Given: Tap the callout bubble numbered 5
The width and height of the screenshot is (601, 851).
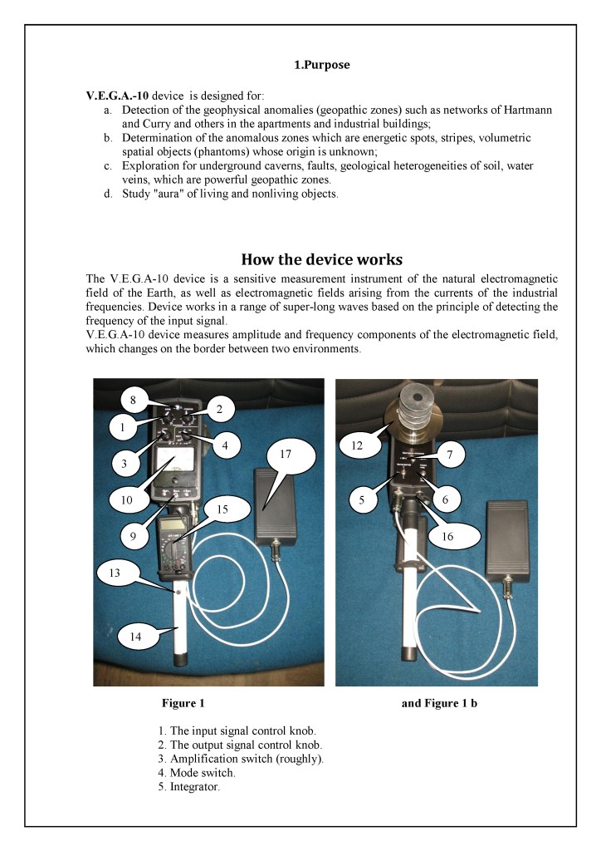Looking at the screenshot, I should pyautogui.click(x=363, y=500).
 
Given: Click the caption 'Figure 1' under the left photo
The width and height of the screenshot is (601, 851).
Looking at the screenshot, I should pyautogui.click(x=183, y=704).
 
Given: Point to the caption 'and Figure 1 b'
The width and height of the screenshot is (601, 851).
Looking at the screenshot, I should pyautogui.click(x=439, y=704).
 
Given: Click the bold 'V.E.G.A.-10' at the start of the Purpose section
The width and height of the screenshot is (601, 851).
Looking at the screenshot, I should pyautogui.click(x=117, y=96).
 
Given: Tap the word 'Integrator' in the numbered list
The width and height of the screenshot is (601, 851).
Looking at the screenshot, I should pyautogui.click(x=194, y=787).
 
